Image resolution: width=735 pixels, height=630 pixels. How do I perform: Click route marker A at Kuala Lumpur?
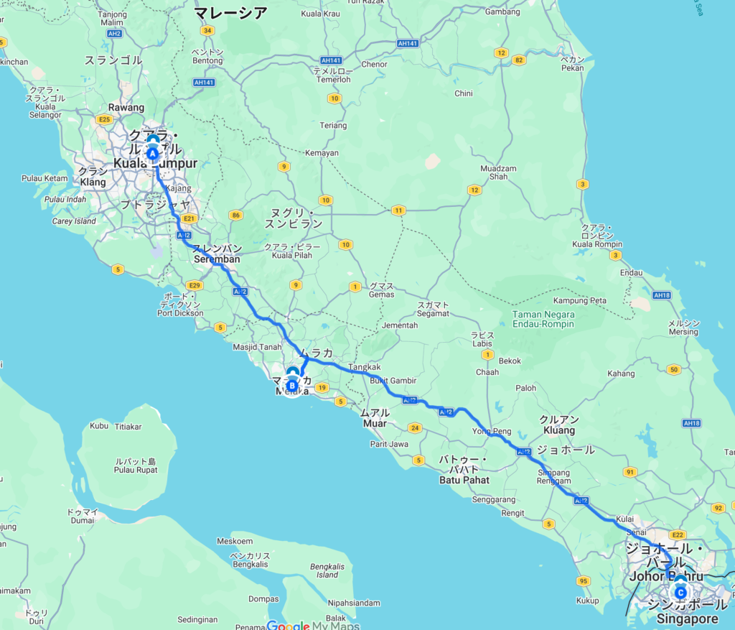pyautogui.click(x=153, y=152)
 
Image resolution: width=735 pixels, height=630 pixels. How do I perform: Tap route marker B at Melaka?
pyautogui.click(x=293, y=384)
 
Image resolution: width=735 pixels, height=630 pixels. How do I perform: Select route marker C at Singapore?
pyautogui.click(x=680, y=592)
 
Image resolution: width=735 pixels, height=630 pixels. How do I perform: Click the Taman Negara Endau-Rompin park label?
pyautogui.click(x=543, y=319)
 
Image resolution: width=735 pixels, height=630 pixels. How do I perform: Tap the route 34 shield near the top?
pyautogui.click(x=207, y=30)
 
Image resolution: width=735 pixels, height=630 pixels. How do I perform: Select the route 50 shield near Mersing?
pyautogui.click(x=673, y=370)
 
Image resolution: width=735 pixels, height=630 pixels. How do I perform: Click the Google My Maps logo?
pyautogui.click(x=314, y=625)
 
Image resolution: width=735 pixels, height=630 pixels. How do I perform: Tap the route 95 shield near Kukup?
pyautogui.click(x=583, y=580)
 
